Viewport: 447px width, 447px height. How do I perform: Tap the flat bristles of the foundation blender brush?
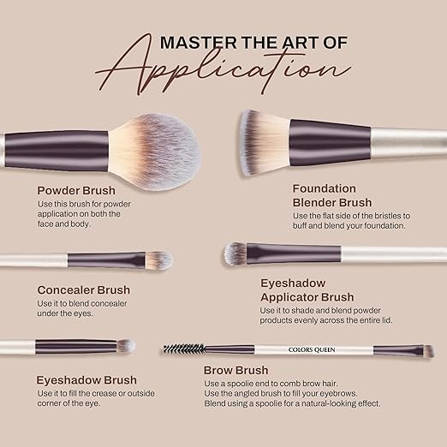click(x=264, y=143)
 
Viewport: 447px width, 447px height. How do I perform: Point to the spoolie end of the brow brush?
click(x=184, y=349)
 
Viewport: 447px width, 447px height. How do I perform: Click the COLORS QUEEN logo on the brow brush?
click(x=312, y=349)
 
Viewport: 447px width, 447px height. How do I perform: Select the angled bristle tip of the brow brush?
click(x=428, y=351)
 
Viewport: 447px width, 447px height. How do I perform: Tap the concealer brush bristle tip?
click(x=158, y=260)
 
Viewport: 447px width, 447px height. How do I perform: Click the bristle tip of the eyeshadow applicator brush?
click(x=235, y=253)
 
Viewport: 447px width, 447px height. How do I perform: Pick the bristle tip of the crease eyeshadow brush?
click(x=126, y=346)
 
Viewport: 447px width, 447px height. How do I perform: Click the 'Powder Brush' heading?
click(x=76, y=190)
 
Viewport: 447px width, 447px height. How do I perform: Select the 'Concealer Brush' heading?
click(x=84, y=289)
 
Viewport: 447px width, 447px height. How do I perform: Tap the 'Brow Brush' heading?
click(x=235, y=370)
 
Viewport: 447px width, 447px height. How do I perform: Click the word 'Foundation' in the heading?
click(x=325, y=188)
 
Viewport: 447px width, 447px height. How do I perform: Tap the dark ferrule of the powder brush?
click(x=57, y=151)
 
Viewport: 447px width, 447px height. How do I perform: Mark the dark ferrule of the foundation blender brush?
click(x=330, y=143)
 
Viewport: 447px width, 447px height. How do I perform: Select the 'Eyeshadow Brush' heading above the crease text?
click(x=86, y=380)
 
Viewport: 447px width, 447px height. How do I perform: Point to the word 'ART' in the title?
click(x=301, y=43)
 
